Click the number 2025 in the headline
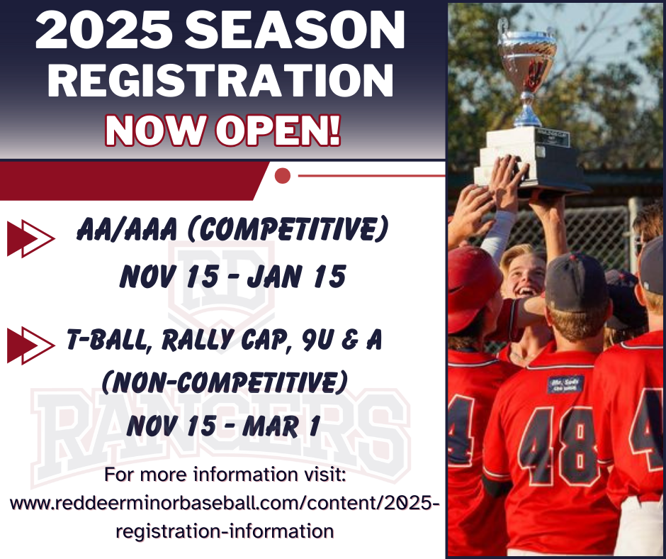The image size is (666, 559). pos(103,31)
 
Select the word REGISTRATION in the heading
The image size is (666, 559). pos(220,80)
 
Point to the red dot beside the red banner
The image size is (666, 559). pos(283,176)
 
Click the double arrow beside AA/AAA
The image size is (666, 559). pos(30,238)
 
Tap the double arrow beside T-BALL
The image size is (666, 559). pos(30,345)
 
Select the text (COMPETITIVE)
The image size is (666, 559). pos(288,229)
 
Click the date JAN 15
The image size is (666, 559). pos(296,276)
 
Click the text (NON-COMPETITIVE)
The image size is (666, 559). pos(225,382)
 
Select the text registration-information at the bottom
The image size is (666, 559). pos(225,531)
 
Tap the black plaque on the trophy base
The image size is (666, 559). pos(552,139)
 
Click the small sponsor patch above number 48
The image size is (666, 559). pos(565,384)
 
